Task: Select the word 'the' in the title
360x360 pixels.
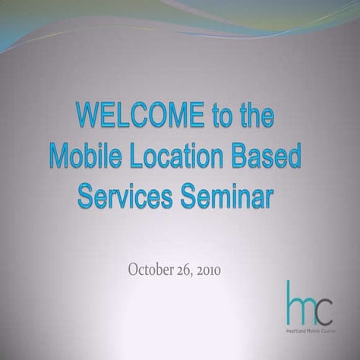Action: point(255,118)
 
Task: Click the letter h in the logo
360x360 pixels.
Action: point(293,301)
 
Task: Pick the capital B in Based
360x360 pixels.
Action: point(238,156)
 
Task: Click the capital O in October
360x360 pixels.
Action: point(134,269)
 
